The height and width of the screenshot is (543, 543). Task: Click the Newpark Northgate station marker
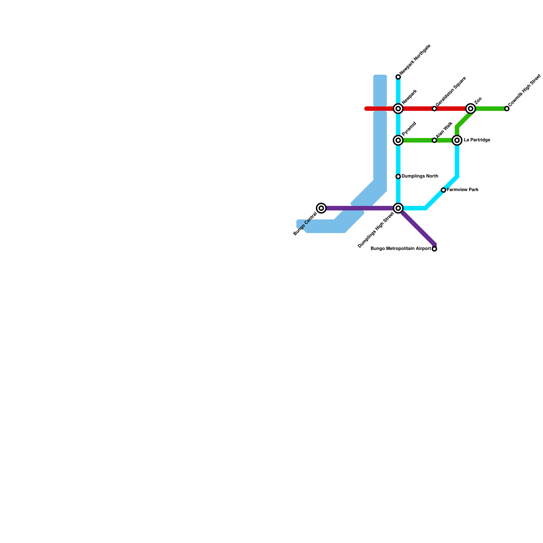click(x=398, y=77)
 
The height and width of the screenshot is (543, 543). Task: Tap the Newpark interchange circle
click(x=398, y=109)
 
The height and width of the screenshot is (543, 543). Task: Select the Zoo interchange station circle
click(x=470, y=109)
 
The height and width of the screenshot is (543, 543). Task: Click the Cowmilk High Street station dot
click(x=507, y=109)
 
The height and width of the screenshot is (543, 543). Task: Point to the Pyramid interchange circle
click(x=398, y=140)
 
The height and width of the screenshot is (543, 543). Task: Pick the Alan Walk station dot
click(x=434, y=140)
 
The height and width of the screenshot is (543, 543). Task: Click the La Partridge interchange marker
click(x=457, y=140)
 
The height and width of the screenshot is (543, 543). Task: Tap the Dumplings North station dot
click(x=398, y=176)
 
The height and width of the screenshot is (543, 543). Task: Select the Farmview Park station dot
click(x=443, y=190)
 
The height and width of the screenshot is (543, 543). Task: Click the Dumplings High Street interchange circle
click(x=398, y=208)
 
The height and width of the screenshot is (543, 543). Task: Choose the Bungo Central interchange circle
click(x=321, y=208)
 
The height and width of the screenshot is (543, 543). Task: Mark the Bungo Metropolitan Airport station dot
click(x=434, y=249)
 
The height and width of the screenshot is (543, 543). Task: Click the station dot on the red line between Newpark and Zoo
click(x=434, y=109)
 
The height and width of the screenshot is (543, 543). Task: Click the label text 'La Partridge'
click(x=477, y=140)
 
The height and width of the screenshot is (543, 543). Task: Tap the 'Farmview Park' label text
click(x=463, y=190)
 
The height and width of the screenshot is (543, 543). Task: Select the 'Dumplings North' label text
click(x=420, y=176)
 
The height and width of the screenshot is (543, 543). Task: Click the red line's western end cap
click(x=367, y=109)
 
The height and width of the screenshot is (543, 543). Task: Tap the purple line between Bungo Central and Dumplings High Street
click(x=360, y=208)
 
